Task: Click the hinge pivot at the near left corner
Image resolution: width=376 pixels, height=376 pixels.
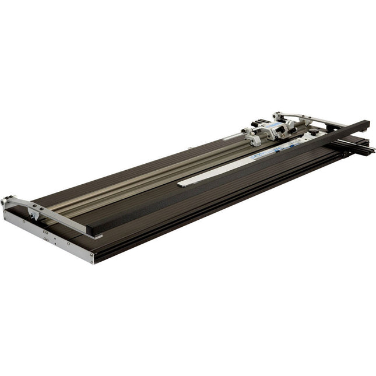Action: pyautogui.click(x=6, y=202)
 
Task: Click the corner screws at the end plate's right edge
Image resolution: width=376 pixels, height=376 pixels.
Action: pyautogui.click(x=90, y=256)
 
